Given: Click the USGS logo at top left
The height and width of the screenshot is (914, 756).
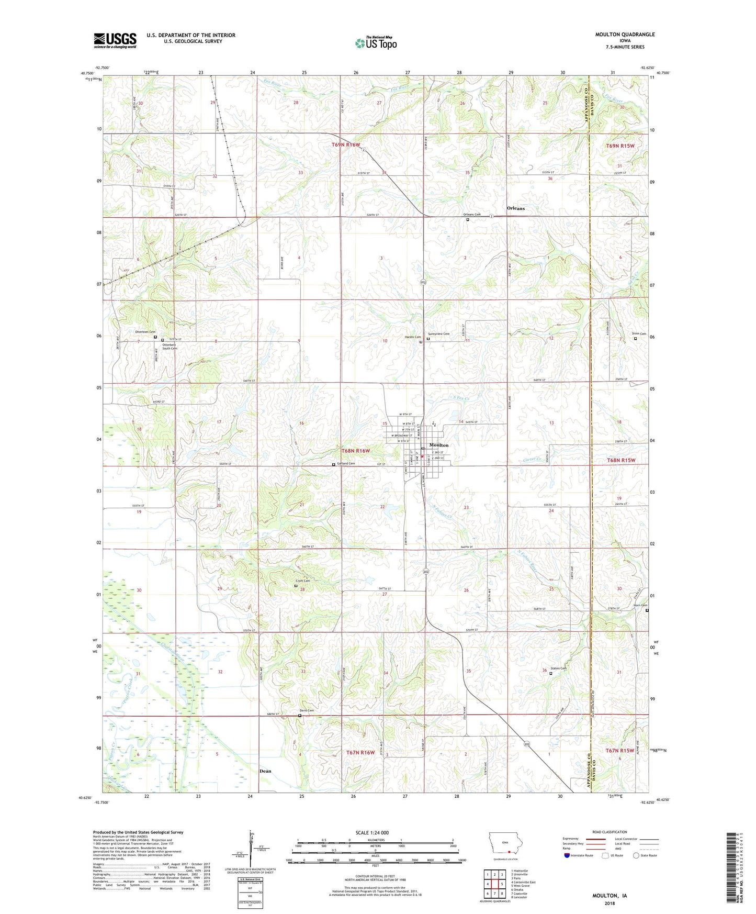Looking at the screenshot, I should point(115,40).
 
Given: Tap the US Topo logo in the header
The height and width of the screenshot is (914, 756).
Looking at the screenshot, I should point(376,43).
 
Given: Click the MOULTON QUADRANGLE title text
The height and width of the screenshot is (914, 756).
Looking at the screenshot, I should point(625,35).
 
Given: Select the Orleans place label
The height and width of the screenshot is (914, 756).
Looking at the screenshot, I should point(515,208).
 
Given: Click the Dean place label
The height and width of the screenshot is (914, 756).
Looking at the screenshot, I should point(265,771).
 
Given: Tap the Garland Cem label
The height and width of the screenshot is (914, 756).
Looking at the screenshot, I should point(346,463).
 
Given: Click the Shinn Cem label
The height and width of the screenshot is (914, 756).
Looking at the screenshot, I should point(639,334).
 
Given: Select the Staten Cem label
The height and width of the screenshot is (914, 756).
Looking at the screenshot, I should point(558,668).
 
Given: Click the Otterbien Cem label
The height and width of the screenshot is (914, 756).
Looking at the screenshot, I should point(145,332).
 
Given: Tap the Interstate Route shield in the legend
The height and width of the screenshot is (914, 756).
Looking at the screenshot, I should point(567,855).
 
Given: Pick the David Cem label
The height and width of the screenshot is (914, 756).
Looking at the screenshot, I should point(307,710).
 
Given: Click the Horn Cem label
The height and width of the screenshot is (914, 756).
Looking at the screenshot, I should point(640,606).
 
